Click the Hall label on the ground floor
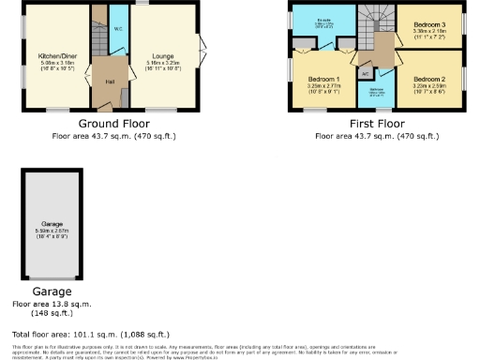(x=110, y=83)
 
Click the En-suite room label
(x=324, y=18)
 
